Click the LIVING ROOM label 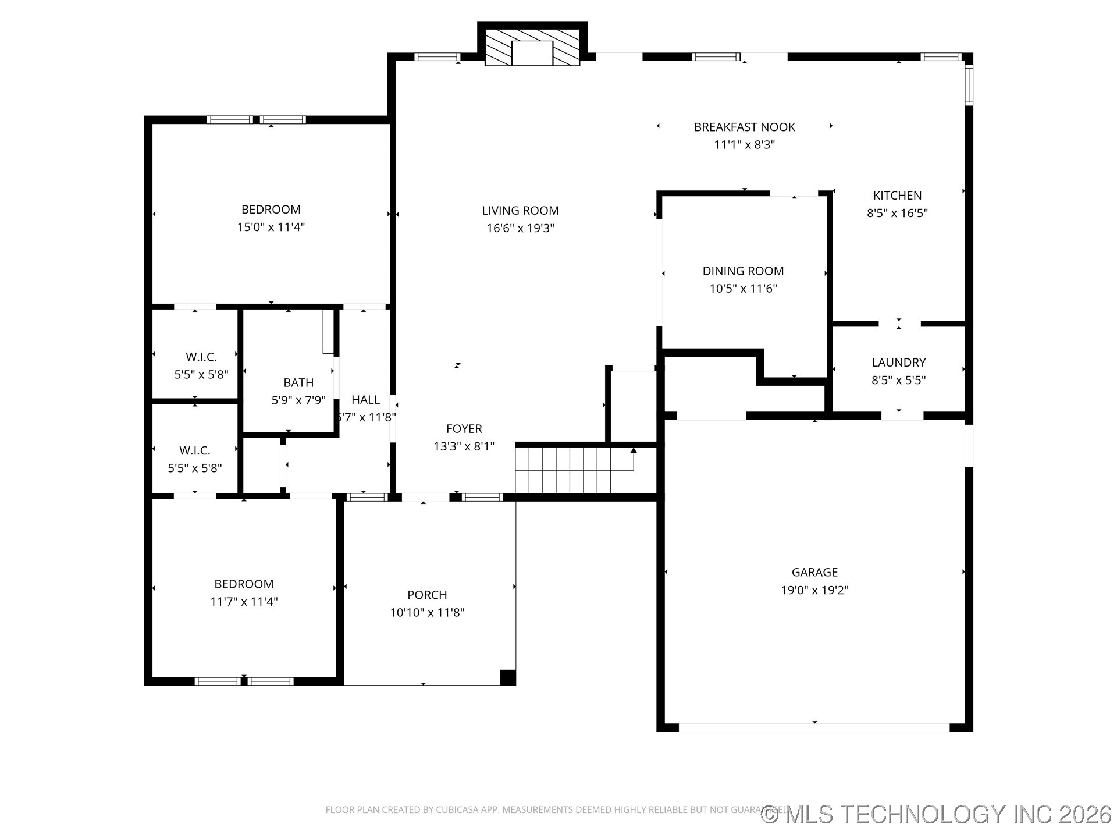[x=520, y=211]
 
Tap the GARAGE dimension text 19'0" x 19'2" [x=814, y=590]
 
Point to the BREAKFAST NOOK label [x=744, y=127]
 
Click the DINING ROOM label [x=743, y=271]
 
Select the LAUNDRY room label [x=898, y=363]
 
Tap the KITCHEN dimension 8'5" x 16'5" [x=897, y=213]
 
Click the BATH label [x=298, y=382]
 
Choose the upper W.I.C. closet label [x=201, y=357]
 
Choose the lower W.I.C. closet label [x=194, y=450]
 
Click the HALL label [x=365, y=400]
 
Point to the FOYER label [x=464, y=429]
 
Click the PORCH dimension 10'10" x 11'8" [x=427, y=612]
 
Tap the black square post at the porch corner [x=508, y=677]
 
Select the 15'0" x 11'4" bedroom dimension [x=271, y=227]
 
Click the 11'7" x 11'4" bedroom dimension [x=244, y=602]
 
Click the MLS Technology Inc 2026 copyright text [x=937, y=814]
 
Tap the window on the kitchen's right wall [x=969, y=84]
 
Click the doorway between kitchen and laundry [x=899, y=324]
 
